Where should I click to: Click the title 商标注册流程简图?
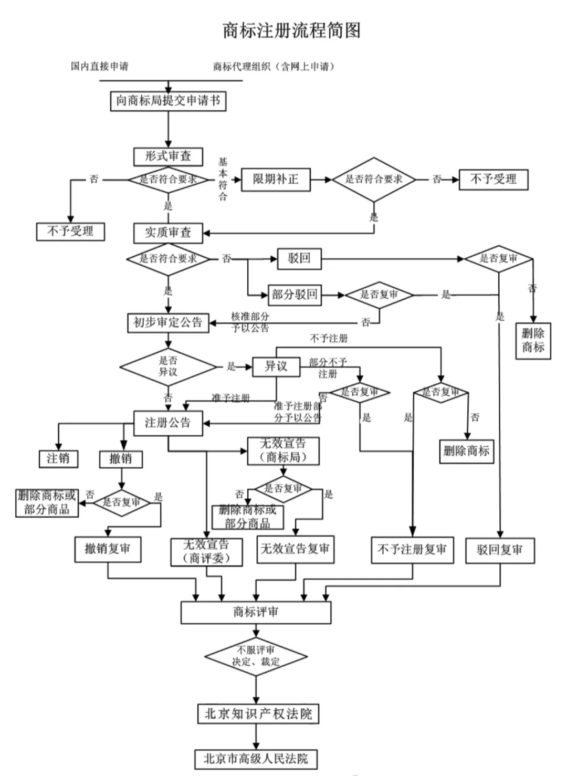(x=291, y=30)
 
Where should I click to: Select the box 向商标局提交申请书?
(x=168, y=101)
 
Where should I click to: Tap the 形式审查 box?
(x=168, y=156)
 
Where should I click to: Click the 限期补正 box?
(x=276, y=180)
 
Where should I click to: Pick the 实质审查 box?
(x=168, y=233)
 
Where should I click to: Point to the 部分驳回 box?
(x=295, y=295)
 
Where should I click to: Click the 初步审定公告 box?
(x=168, y=322)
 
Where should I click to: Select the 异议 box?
(x=276, y=366)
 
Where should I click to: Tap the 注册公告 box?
(x=168, y=423)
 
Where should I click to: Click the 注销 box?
(x=58, y=458)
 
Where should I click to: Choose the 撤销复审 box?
(x=108, y=549)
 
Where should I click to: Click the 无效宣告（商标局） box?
(x=283, y=451)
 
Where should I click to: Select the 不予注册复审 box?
(x=412, y=550)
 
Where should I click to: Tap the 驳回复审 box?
(x=500, y=550)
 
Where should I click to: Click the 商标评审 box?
(x=256, y=612)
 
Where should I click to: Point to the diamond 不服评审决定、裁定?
(x=256, y=656)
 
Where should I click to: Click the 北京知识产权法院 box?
(x=258, y=714)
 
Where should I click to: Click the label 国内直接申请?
(x=100, y=67)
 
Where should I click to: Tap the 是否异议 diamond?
(x=168, y=366)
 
